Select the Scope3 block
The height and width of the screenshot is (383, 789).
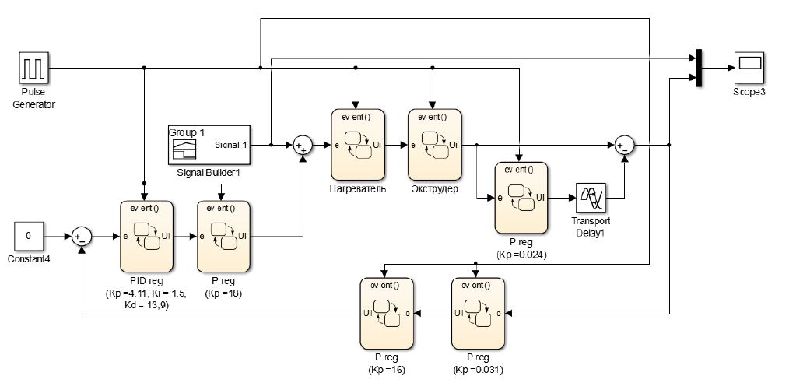pos(749,68)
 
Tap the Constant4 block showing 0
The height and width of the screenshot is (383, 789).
pos(29,234)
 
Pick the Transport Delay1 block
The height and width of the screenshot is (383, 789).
pos(591,198)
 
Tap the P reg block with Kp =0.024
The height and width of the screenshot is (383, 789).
pos(520,198)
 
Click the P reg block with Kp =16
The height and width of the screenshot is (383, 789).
pos(385,313)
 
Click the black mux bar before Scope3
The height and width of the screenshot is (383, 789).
pos(698,68)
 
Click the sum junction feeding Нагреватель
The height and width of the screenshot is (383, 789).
pos(302,145)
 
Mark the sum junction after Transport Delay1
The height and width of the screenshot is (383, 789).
pos(624,145)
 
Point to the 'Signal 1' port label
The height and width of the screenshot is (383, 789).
pos(231,145)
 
